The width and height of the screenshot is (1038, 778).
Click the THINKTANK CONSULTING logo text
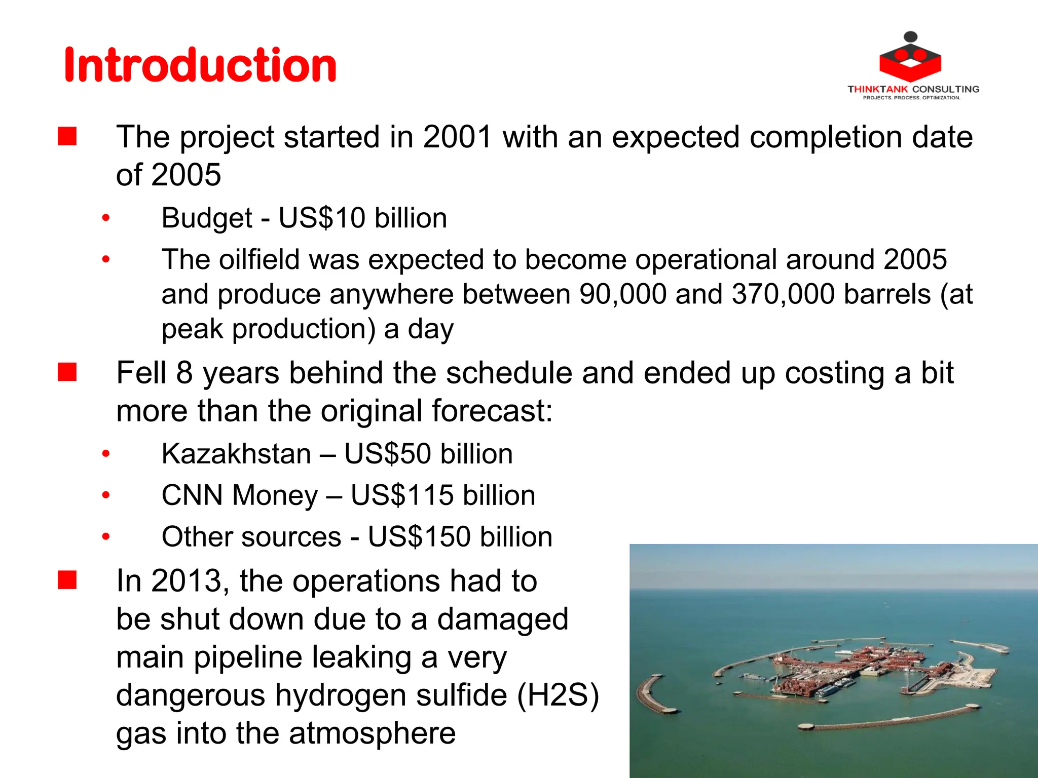click(913, 89)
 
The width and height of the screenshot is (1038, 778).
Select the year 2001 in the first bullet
click(457, 137)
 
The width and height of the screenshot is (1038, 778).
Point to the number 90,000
click(623, 294)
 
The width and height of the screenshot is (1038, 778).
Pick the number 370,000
click(783, 294)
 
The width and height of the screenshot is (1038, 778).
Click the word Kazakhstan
click(236, 453)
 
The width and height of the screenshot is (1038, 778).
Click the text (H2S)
click(558, 695)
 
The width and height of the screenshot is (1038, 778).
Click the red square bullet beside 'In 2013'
click(67, 580)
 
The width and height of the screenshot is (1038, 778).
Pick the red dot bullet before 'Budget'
click(105, 218)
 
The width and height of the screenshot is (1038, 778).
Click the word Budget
click(207, 218)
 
